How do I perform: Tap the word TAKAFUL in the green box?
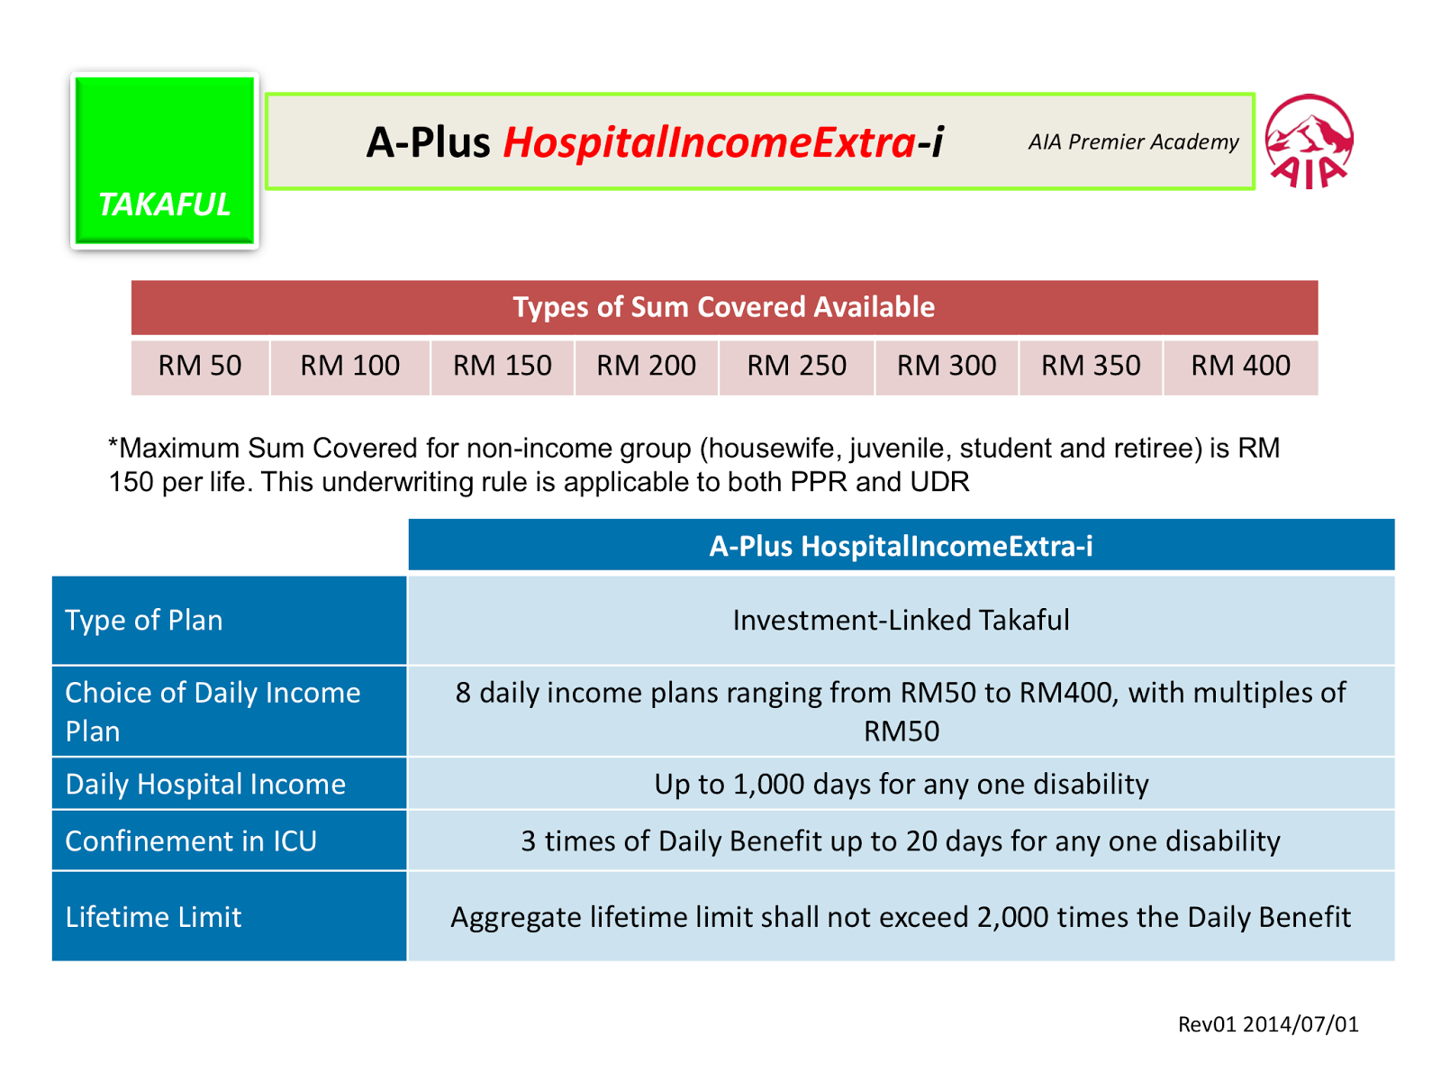(164, 204)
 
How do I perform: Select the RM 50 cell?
(200, 366)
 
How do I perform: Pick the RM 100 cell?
(349, 366)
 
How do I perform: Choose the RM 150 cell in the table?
(503, 366)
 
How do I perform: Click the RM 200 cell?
(646, 366)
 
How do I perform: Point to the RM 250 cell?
(795, 366)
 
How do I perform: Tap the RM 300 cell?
(946, 366)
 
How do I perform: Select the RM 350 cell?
(1090, 366)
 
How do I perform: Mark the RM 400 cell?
(1240, 366)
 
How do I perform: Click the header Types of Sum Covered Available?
(723, 307)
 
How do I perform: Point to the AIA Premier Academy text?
(1133, 141)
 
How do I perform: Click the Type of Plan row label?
(144, 621)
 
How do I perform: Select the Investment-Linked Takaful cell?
(901, 620)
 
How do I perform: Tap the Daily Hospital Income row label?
(205, 784)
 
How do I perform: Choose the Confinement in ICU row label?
(191, 840)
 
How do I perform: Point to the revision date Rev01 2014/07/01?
(1267, 1023)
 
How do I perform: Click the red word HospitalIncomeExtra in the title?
(709, 141)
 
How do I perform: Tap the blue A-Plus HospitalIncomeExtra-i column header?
(901, 545)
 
